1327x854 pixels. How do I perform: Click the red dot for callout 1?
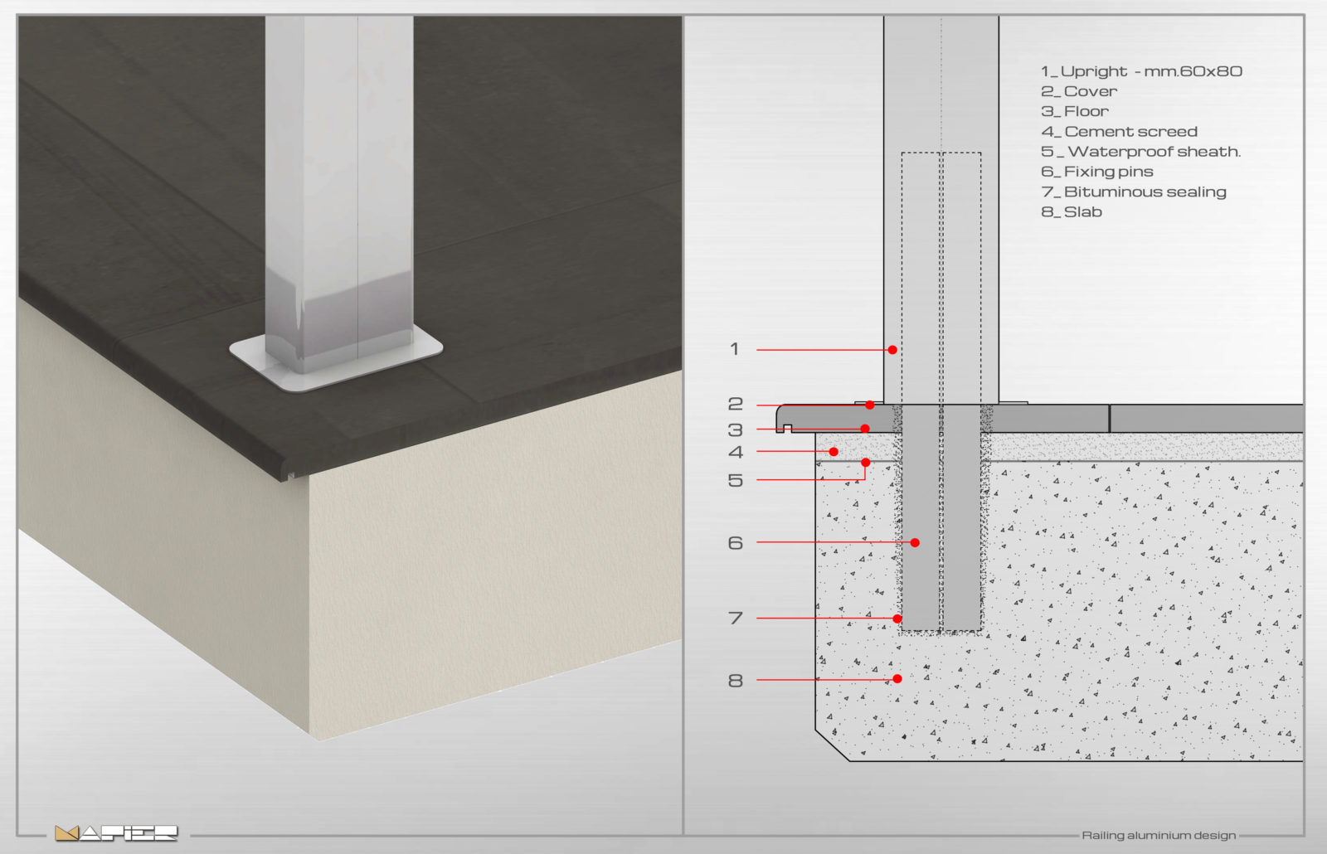tap(892, 350)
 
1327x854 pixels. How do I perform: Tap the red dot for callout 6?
tap(915, 542)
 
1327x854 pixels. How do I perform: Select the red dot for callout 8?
tap(897, 679)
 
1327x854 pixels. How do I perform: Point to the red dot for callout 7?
tap(897, 619)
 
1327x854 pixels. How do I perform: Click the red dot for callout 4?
tap(834, 452)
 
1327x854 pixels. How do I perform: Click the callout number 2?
tap(735, 404)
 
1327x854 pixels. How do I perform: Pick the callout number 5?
tap(735, 480)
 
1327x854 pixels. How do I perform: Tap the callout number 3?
tap(735, 430)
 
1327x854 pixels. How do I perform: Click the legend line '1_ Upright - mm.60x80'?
tap(1141, 71)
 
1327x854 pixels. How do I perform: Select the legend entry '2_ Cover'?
tap(1079, 91)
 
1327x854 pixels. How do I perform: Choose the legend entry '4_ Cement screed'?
tap(1119, 132)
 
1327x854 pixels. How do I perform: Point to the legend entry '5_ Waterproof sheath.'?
tap(1140, 152)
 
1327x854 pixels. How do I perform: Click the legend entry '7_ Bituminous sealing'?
tap(1133, 192)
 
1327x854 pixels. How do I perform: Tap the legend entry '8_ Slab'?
tap(1071, 212)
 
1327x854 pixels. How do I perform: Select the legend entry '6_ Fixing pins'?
tap(1097, 172)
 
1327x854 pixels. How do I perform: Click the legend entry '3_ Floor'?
tap(1075, 111)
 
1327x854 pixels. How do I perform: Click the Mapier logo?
tap(116, 833)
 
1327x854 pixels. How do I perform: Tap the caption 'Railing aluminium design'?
tap(1159, 836)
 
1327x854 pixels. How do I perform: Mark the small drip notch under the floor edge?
tap(787, 428)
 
